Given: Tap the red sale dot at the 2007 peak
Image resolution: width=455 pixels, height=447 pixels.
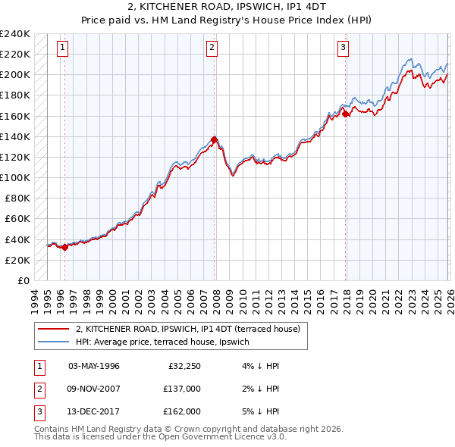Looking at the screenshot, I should pos(214,139).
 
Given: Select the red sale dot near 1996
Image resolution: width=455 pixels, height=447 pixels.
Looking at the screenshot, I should pos(64,247).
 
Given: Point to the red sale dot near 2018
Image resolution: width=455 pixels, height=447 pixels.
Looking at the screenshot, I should pos(346,114).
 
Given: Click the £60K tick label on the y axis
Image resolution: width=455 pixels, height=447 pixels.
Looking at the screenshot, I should pos(17,219).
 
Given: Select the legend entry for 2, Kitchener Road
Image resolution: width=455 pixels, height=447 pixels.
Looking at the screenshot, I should pos(188,329).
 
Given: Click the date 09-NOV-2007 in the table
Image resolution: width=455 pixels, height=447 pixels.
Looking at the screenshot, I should pos(94,389).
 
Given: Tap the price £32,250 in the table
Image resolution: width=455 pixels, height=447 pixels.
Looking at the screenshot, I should pos(183,366).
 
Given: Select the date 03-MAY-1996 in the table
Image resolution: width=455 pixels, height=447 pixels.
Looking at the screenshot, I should pos(94,366).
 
